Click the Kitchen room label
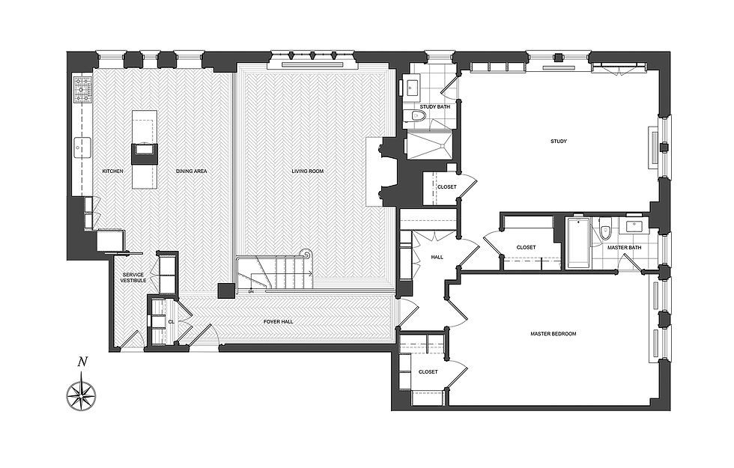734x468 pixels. (x=112, y=171)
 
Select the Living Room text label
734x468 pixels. (x=308, y=171)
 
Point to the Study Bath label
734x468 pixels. (x=434, y=107)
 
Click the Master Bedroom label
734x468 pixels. (x=553, y=334)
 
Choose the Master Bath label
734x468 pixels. (x=623, y=248)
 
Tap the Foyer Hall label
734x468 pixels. (x=278, y=322)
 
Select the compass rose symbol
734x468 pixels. (x=82, y=392)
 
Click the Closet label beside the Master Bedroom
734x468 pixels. (x=428, y=371)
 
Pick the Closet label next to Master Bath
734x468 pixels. (x=526, y=248)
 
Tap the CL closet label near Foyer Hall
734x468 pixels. (x=172, y=322)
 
